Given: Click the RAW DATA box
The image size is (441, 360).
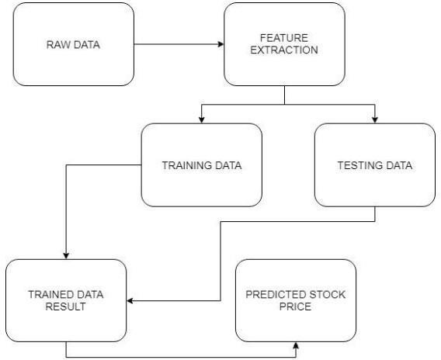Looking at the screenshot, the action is tap(74, 44).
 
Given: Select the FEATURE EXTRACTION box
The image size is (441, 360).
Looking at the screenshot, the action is tap(284, 44).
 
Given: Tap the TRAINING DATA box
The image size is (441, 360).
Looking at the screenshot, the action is tap(202, 165).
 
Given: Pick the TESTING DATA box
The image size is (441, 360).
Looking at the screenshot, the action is tap(375, 165).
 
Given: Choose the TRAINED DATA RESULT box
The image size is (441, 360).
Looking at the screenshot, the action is tap(66, 300).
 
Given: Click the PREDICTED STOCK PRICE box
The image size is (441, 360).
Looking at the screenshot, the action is tap(296, 300).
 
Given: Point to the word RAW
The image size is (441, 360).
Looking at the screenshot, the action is tap(56, 45).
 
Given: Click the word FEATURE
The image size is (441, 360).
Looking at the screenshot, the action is tap(284, 38).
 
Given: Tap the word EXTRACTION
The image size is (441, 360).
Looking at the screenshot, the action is tap(284, 50).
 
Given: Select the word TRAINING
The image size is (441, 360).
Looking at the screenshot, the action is tap(182, 165).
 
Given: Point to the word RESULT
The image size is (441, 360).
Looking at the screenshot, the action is tap(65, 306).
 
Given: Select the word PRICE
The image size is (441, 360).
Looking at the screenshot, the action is tap(295, 306).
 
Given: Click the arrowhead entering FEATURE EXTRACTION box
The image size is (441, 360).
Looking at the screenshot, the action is tap(220, 44).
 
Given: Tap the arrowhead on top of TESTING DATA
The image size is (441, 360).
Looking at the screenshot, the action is tap(375, 120).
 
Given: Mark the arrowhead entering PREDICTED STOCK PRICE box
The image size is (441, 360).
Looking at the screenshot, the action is tap(296, 345).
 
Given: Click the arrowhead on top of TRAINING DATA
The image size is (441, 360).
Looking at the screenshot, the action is tap(201, 120).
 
